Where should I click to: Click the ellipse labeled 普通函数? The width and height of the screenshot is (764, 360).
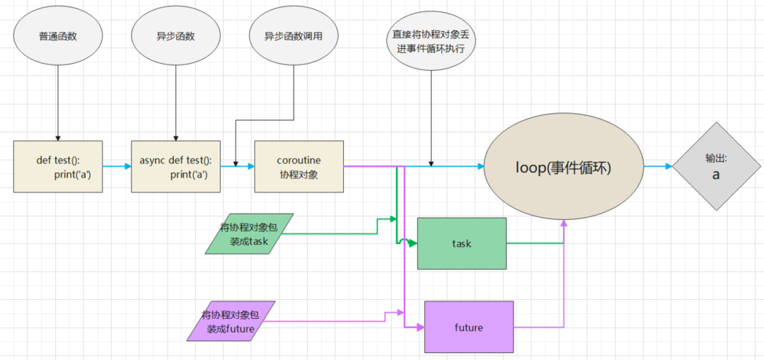pyautogui.click(x=58, y=36)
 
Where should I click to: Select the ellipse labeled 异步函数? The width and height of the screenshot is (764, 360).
pyautogui.click(x=175, y=36)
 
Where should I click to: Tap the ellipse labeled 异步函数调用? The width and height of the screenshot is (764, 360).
pyautogui.click(x=293, y=36)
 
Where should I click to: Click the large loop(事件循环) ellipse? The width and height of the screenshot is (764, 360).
pyautogui.click(x=563, y=168)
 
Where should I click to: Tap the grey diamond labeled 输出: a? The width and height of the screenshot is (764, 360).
pyautogui.click(x=715, y=166)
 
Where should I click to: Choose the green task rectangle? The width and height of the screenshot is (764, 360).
pyautogui.click(x=462, y=243)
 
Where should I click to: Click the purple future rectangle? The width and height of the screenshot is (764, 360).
pyautogui.click(x=468, y=327)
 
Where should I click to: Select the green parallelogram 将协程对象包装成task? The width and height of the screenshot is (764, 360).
pyautogui.click(x=249, y=233)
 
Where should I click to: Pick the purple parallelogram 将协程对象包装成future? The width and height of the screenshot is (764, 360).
pyautogui.click(x=231, y=321)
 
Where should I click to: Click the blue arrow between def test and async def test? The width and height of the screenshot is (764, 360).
pyautogui.click(x=117, y=167)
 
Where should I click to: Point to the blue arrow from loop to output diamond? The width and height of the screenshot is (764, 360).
pyautogui.click(x=658, y=167)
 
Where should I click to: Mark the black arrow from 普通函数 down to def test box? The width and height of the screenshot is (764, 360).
pyautogui.click(x=58, y=99)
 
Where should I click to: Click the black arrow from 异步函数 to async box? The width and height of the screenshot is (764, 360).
pyautogui.click(x=175, y=99)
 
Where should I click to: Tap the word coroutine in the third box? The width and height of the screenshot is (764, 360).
pyautogui.click(x=299, y=161)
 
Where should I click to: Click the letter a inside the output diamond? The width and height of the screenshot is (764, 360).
pyautogui.click(x=715, y=174)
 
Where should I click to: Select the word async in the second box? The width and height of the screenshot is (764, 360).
pyautogui.click(x=152, y=161)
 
